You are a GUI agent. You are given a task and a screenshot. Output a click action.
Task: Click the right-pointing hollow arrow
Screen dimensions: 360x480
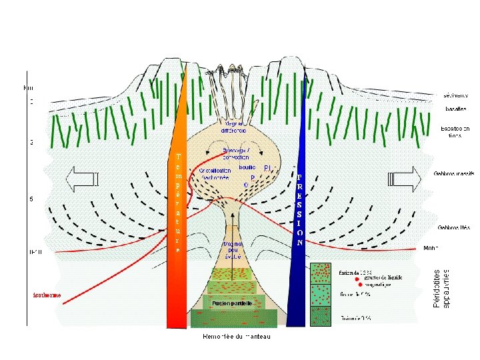(404, 178)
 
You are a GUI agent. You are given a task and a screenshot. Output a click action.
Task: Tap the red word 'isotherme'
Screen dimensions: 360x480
(47, 295)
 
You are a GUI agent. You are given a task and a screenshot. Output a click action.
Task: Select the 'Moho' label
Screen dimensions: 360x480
(431, 248)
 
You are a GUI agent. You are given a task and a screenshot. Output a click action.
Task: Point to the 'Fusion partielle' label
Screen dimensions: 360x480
(233, 303)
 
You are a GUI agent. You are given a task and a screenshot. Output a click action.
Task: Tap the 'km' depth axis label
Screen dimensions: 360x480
(28, 87)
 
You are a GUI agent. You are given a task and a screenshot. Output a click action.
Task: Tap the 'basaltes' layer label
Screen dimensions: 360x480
(455, 109)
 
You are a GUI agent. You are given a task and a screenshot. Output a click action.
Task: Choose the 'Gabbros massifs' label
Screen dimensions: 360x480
(454, 173)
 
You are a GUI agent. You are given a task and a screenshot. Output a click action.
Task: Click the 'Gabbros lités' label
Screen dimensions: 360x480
(453, 227)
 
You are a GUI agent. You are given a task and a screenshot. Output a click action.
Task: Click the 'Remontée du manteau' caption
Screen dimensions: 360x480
(237, 335)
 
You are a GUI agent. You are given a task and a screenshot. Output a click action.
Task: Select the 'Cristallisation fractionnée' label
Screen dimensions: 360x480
(215, 175)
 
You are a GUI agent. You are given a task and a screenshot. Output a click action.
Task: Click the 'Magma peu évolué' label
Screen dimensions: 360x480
(232, 250)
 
